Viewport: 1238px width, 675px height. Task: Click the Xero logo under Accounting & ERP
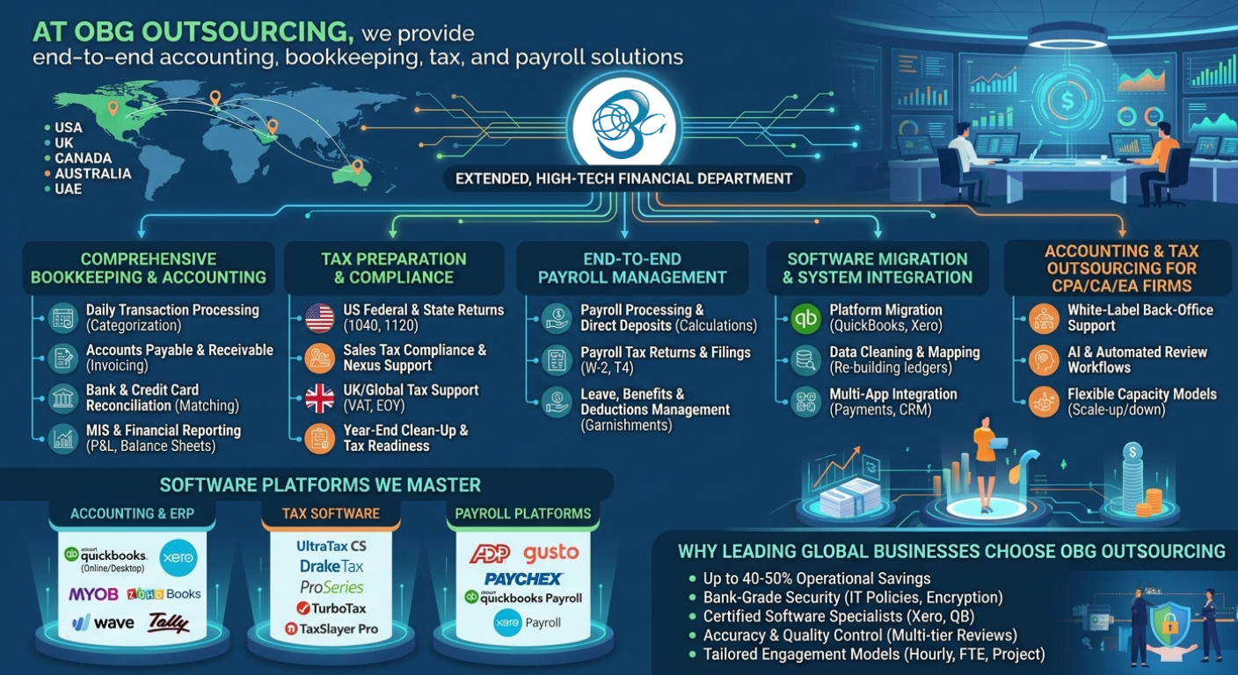[178, 557]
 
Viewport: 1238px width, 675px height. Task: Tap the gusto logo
[551, 552]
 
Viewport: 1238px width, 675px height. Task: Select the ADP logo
[490, 554]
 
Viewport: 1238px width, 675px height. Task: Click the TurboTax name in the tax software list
[331, 608]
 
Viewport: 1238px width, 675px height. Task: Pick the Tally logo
[169, 622]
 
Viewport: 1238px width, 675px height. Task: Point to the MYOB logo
[93, 594]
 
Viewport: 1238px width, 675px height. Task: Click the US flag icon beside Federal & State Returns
[319, 317]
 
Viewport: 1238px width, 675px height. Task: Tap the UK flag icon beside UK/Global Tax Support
[319, 398]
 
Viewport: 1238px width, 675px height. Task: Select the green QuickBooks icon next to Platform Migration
[805, 318]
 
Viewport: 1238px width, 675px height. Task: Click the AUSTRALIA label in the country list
[93, 173]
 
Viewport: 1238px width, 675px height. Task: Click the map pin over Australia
[358, 166]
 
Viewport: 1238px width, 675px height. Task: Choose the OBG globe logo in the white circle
[624, 125]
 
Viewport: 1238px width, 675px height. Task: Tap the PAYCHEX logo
[523, 578]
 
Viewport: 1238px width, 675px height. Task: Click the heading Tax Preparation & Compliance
[394, 268]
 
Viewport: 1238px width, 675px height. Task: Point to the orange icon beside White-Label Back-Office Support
[1044, 318]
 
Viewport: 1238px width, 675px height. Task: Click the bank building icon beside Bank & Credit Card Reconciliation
[63, 398]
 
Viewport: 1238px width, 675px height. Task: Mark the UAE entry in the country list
[68, 189]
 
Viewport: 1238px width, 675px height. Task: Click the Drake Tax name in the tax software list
[331, 566]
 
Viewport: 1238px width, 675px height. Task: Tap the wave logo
[104, 622]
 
